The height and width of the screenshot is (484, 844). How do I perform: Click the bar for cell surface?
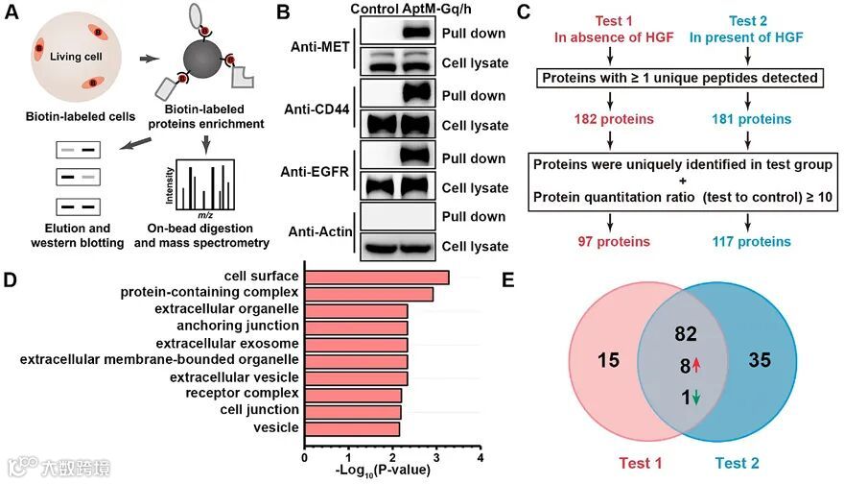376,278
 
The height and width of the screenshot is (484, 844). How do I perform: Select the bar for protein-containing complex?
368,294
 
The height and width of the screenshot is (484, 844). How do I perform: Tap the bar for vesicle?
351,428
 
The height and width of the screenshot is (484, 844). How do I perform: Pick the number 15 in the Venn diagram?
608,361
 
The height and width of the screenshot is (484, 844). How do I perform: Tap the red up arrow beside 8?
696,366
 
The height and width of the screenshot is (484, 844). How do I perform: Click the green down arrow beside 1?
695,396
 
